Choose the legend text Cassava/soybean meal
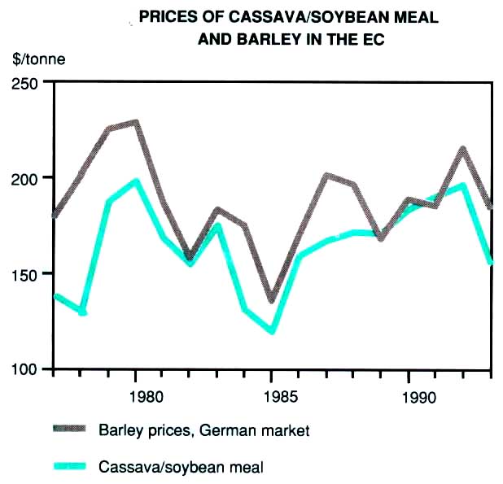click(x=182, y=466)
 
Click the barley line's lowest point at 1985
click(x=272, y=300)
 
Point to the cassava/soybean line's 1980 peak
click(x=136, y=181)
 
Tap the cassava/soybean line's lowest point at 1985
click(x=272, y=331)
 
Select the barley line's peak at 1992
click(x=462, y=150)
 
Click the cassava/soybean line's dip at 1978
click(x=81, y=312)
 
